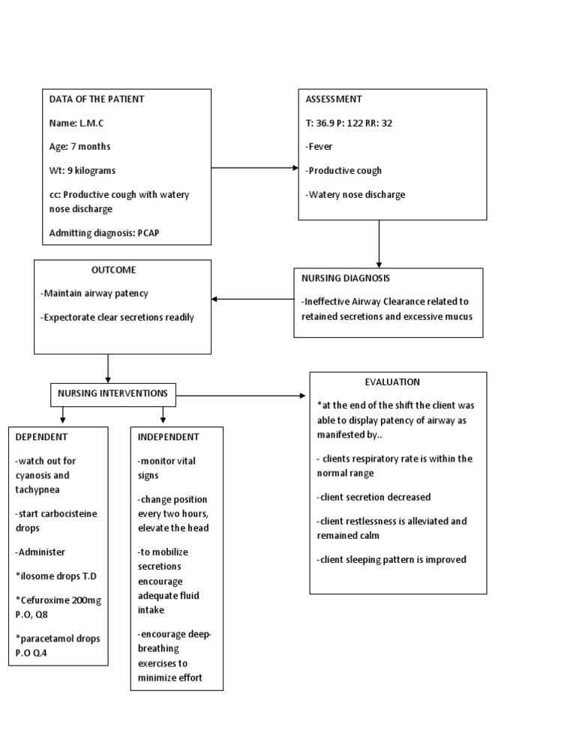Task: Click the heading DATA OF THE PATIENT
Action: (97, 99)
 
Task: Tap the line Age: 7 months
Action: (79, 147)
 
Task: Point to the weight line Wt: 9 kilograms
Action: (82, 171)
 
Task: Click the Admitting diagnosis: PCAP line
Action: (104, 233)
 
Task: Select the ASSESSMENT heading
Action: (334, 99)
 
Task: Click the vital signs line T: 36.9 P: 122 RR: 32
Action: (349, 123)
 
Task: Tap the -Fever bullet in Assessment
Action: (319, 147)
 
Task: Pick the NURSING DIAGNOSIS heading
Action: (345, 278)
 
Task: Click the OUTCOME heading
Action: (114, 270)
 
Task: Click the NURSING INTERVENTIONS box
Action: (114, 393)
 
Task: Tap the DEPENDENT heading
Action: (41, 437)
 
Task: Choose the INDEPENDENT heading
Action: (169, 437)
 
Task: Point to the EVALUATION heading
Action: (392, 382)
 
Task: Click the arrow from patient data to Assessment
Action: (254, 168)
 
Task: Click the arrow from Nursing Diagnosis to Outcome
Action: (253, 299)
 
